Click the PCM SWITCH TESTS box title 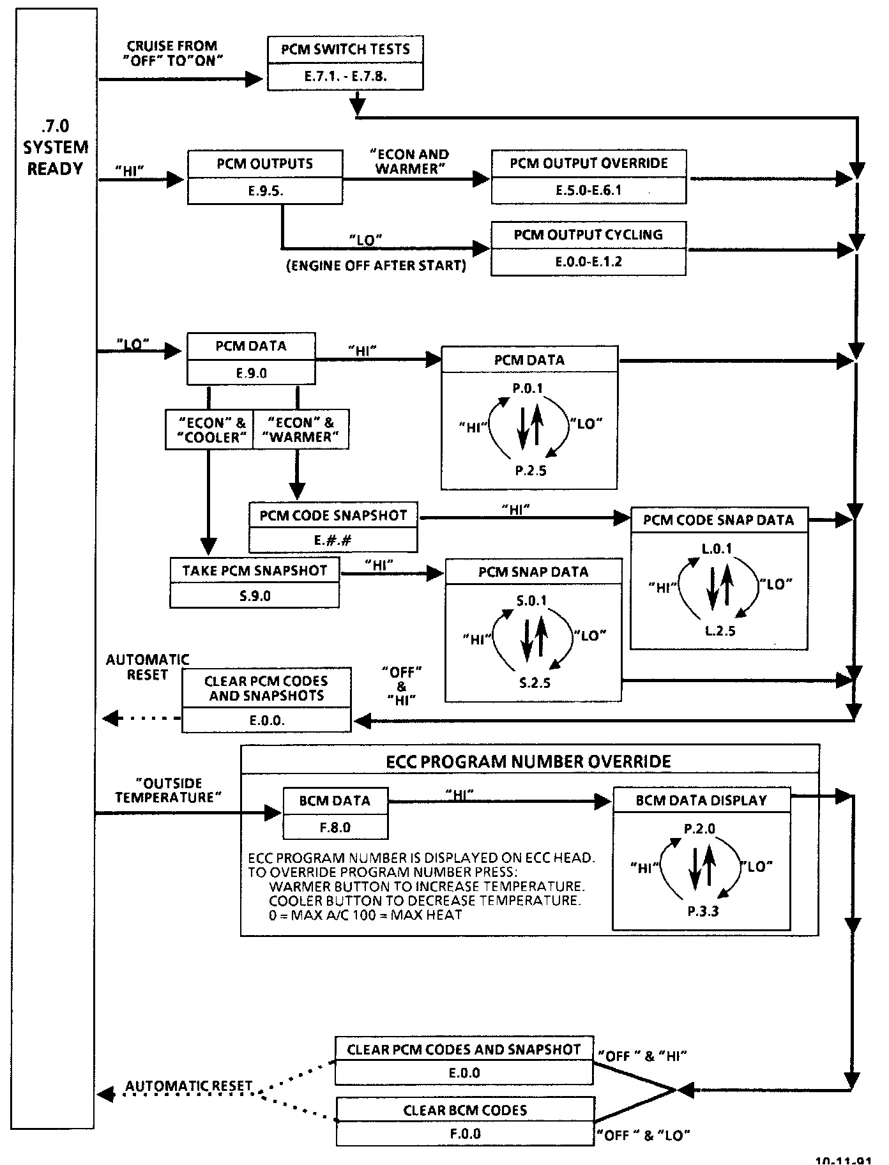pos(345,49)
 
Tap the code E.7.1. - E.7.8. pos(345,76)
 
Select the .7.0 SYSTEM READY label pos(55,147)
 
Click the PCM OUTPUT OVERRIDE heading pos(588,163)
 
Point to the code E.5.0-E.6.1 pos(588,190)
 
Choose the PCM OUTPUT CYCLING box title pos(588,234)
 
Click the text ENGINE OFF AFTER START pos(376,266)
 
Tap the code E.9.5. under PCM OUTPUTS pos(264,190)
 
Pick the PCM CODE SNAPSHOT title pos(333,515)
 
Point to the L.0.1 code pos(718,549)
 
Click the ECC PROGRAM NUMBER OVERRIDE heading pos(529,761)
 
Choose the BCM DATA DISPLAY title pos(701,800)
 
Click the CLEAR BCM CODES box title pos(465,1110)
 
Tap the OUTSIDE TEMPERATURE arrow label pos(168,790)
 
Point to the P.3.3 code pos(703,911)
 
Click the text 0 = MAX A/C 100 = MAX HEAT pos(365,915)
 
